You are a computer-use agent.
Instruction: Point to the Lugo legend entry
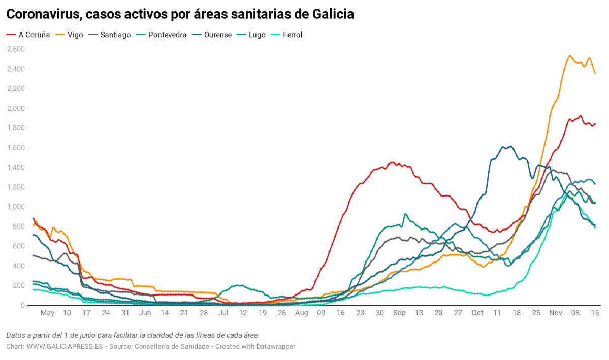257,35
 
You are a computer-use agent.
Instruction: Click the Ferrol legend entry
291,35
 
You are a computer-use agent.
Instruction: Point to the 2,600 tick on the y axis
16,49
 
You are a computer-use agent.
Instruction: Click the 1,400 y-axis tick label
16,168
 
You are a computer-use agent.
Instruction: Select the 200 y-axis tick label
19,286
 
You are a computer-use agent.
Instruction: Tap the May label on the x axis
47,313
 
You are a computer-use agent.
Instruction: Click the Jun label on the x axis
145,313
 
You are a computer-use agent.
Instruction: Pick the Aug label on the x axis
302,313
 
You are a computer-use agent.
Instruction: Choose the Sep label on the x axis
399,313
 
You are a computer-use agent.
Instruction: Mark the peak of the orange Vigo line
569,55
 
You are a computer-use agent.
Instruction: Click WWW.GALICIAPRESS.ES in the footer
65,346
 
